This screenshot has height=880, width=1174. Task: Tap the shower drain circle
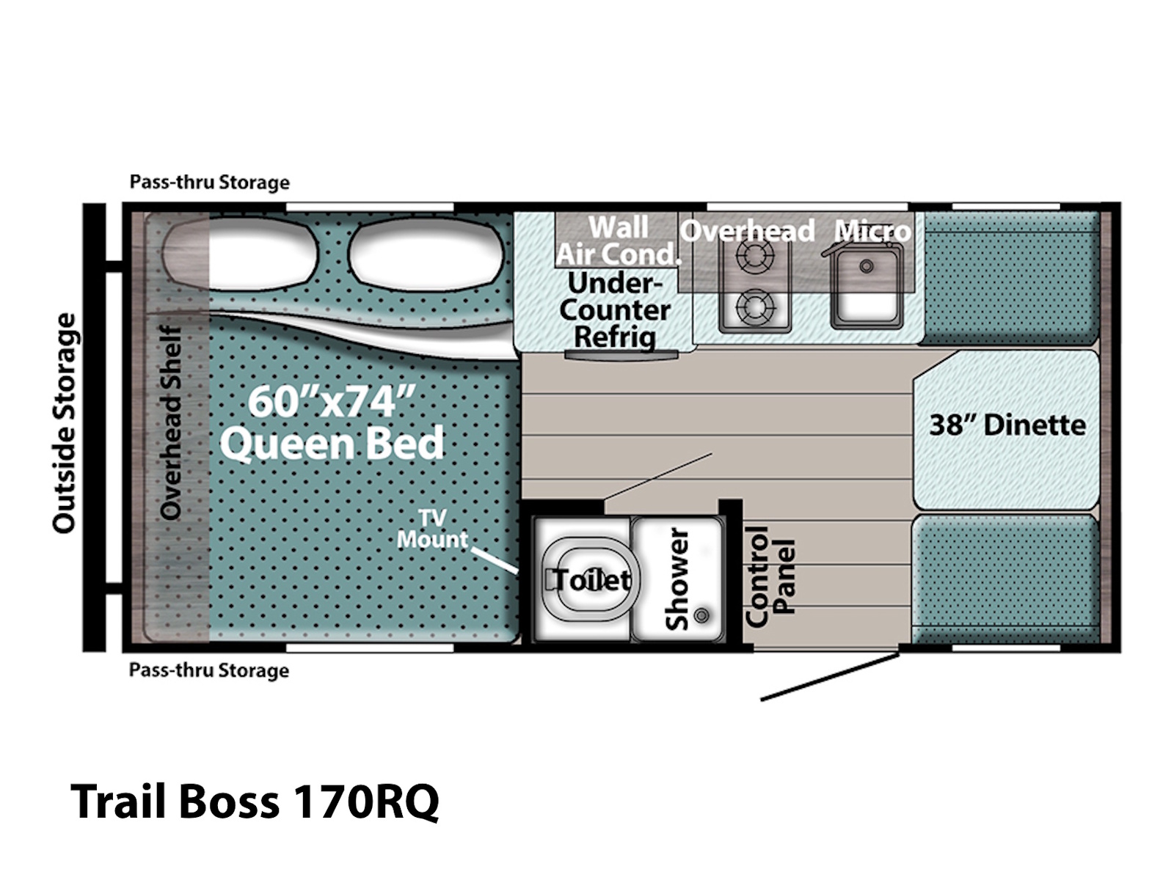[x=701, y=615]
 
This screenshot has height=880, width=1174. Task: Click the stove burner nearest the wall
[x=754, y=255]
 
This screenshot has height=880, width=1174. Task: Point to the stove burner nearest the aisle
[x=754, y=307]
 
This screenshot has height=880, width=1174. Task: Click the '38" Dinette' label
[x=1007, y=426]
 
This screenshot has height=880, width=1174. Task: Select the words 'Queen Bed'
[x=332, y=444]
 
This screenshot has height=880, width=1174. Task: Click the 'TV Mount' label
[x=432, y=529]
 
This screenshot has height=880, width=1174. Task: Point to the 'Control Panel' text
[x=770, y=576]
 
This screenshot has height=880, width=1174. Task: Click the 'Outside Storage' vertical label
[x=64, y=423]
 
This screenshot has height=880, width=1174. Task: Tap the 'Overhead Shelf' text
[x=171, y=422]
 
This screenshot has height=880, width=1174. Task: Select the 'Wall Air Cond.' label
[x=619, y=241]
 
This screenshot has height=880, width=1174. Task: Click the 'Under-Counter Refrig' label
[x=615, y=310]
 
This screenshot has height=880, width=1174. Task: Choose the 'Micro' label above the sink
[x=872, y=231]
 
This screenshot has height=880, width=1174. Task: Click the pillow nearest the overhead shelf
[x=240, y=254]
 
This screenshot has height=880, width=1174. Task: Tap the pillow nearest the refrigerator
[x=426, y=254]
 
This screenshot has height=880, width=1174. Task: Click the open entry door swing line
[x=830, y=676]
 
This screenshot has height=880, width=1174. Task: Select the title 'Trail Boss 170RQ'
[x=255, y=802]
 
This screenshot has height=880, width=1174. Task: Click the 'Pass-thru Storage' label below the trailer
[x=209, y=670]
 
